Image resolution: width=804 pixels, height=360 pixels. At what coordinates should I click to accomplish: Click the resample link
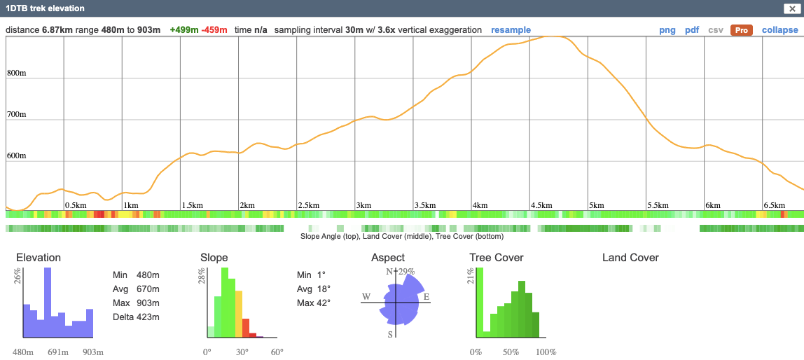[x=511, y=30]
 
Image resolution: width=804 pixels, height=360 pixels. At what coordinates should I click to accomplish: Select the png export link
[x=667, y=30]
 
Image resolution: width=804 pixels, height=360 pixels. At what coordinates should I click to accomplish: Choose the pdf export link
[x=692, y=30]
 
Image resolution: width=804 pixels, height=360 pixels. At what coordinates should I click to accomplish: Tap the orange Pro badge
[x=741, y=30]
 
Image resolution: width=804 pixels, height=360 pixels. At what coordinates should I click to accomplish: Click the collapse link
[x=779, y=30]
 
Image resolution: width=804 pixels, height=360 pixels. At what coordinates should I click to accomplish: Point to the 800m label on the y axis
[x=17, y=73]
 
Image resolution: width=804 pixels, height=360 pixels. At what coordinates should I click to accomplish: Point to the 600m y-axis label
[x=17, y=155]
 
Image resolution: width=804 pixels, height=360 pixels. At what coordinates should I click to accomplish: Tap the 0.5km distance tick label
[x=76, y=205]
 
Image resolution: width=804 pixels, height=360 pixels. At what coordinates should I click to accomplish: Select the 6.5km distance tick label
[x=774, y=205]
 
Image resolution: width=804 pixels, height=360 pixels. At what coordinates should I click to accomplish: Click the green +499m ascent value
[x=184, y=30]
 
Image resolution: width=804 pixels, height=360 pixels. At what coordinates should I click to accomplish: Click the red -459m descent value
[x=215, y=30]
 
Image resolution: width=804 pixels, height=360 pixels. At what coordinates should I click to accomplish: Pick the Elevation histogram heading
[x=39, y=258]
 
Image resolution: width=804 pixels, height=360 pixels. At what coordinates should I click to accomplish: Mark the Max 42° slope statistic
[x=313, y=303]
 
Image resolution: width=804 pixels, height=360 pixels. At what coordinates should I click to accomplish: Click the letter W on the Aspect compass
[x=366, y=297]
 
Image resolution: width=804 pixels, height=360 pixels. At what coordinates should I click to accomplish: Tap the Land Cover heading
[x=630, y=258]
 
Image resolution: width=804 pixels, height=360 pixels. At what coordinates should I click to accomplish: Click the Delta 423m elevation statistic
[x=136, y=317]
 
